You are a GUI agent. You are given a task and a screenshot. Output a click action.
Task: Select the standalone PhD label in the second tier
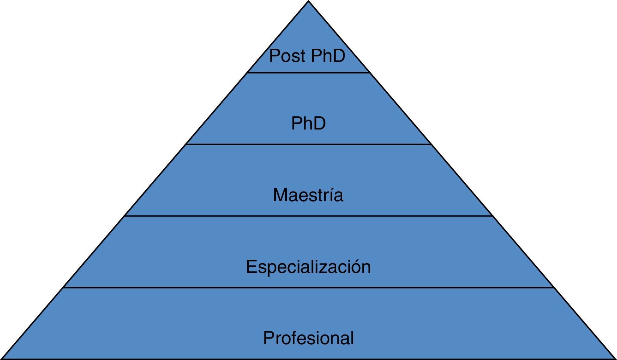pos(308,124)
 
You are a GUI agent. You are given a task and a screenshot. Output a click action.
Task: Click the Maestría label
pos(308,195)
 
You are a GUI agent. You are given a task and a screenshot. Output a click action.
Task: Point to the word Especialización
pos(308,267)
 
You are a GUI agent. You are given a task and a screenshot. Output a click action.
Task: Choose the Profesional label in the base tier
pos(308,338)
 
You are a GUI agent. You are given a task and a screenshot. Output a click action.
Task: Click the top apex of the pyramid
pos(308,2)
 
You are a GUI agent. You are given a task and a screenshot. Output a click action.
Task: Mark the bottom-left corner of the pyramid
pos(2,358)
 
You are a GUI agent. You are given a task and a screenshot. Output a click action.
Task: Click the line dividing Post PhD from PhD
pos(308,73)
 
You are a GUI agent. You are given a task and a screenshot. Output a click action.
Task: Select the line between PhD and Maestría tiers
pos(308,144)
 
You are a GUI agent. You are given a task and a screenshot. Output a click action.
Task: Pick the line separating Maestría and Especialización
pos(308,216)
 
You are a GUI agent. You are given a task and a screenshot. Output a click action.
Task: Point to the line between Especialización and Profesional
pos(308,288)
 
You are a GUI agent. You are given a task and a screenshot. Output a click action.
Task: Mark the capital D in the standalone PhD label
pos(320,124)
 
